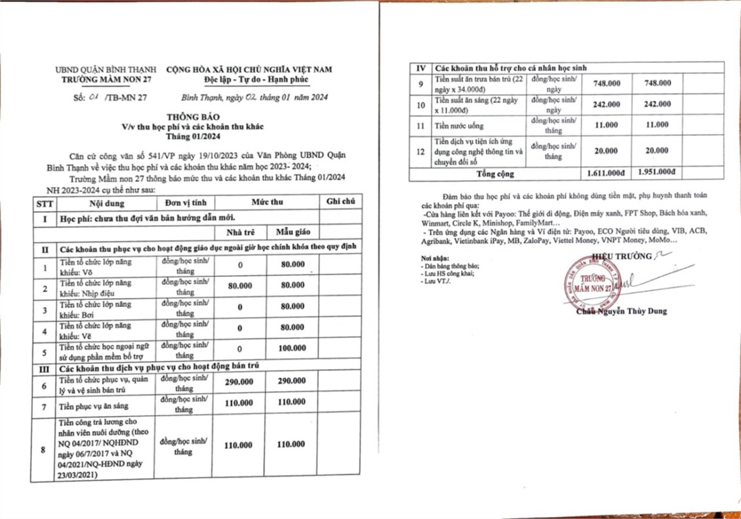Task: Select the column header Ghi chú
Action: tap(340, 202)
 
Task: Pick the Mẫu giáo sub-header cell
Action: tap(292, 232)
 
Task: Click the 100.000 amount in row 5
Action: tap(292, 348)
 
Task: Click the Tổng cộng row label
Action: tap(495, 174)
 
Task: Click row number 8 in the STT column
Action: tap(44, 449)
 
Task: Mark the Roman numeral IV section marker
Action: tap(421, 68)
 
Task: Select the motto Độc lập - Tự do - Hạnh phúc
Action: tap(249, 79)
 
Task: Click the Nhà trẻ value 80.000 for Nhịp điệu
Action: tap(241, 287)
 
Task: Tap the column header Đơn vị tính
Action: tap(186, 202)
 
